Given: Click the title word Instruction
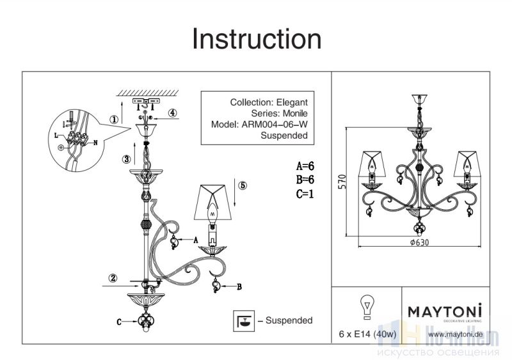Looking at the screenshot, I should (257, 40).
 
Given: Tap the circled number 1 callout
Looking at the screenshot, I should (113, 119).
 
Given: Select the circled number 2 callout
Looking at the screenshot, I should (113, 278).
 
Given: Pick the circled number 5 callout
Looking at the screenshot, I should (242, 186).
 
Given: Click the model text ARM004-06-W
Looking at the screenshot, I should (274, 125).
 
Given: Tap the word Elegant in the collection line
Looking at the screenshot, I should (292, 102).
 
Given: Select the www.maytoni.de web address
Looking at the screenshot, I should (454, 334).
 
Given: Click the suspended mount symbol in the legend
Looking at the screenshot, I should (244, 320).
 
